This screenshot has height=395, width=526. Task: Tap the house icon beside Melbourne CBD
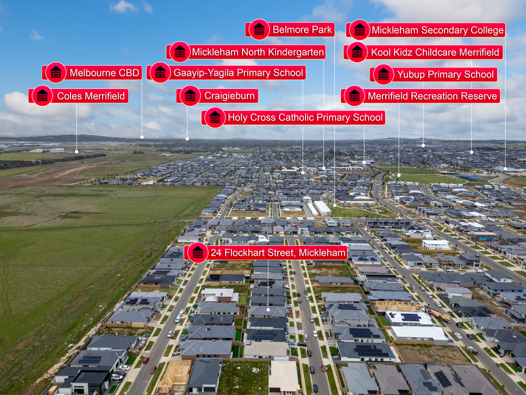(56, 73)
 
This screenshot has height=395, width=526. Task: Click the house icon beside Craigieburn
(190, 96)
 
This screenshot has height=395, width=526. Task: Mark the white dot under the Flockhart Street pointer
(268, 310)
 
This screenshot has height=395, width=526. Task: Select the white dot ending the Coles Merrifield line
(76, 152)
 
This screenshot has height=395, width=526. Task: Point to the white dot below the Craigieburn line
(187, 139)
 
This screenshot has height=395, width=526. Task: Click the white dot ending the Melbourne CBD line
(142, 137)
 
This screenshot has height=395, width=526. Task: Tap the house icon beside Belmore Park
(259, 29)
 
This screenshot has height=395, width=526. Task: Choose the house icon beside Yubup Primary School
(383, 75)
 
